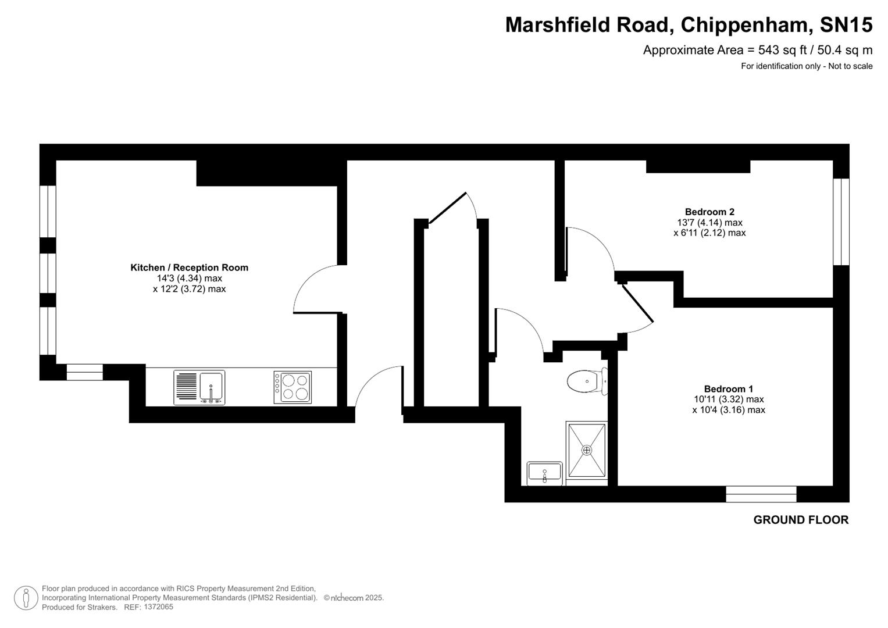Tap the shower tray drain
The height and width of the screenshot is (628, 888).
pos(586,450)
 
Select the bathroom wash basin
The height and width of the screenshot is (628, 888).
pos(544,473)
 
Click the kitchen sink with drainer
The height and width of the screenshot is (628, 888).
pos(199,387)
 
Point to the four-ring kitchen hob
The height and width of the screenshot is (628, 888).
pos(293,387)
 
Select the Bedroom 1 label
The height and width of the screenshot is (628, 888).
pos(728,388)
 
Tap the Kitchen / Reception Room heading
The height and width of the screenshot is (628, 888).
pos(189,267)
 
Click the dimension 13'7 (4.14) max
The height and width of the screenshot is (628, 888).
pos(709,222)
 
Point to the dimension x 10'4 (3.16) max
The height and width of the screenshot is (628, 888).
pos(728,409)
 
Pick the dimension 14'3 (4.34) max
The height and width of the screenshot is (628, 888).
pos(189,278)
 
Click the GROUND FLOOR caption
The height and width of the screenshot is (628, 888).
pos(801,520)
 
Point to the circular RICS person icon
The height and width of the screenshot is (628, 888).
pos(26,598)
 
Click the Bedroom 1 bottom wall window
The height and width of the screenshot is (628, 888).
pos(761,494)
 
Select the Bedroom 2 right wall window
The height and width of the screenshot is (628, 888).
pos(841,222)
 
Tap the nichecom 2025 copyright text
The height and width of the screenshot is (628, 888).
pos(354,598)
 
